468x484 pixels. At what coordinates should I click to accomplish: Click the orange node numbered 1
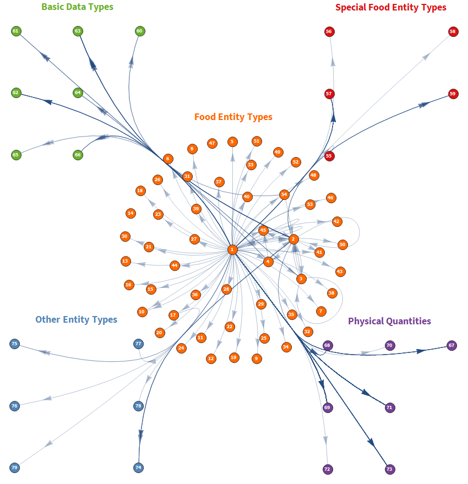click(232, 249)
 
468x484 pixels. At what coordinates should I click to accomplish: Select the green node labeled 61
click(15, 31)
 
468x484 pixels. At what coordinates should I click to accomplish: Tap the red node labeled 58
click(453, 32)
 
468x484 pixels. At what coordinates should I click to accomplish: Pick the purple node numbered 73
click(390, 470)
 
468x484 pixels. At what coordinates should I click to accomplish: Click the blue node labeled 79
click(15, 468)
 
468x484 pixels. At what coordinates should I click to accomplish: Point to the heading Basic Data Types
click(77, 7)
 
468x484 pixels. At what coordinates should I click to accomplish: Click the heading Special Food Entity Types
click(390, 8)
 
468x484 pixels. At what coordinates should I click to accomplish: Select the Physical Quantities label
click(389, 321)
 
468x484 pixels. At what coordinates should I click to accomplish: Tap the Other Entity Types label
click(77, 319)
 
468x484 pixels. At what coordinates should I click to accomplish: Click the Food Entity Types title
click(233, 117)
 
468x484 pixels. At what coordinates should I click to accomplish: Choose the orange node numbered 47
click(212, 143)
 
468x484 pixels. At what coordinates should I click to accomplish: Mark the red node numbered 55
click(329, 156)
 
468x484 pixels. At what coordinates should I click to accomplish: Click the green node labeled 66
click(78, 155)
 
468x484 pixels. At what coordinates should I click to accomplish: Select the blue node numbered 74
click(139, 467)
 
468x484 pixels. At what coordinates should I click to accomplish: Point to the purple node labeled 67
click(451, 346)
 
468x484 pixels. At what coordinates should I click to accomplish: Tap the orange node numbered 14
click(130, 213)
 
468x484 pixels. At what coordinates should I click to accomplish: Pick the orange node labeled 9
click(256, 358)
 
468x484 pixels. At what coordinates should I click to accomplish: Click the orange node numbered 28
click(226, 289)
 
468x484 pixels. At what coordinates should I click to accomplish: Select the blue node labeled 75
click(15, 344)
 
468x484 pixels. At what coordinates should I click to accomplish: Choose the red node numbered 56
click(329, 32)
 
